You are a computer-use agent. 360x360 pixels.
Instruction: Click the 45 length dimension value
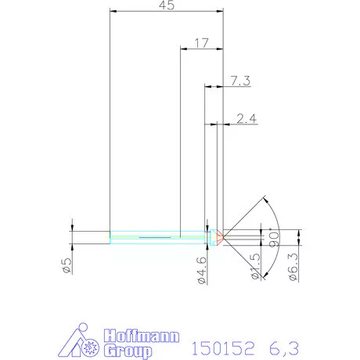166,5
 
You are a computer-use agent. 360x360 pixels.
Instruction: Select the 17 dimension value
201,43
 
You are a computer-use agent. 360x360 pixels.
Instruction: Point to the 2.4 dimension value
246,118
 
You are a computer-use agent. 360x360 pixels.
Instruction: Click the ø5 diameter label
67,265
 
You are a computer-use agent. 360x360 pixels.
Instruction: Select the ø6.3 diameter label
293,267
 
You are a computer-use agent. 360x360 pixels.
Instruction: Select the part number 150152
223,345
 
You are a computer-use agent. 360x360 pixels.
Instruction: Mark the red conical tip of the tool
221,236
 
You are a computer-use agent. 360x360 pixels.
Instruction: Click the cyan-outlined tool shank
157,236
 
